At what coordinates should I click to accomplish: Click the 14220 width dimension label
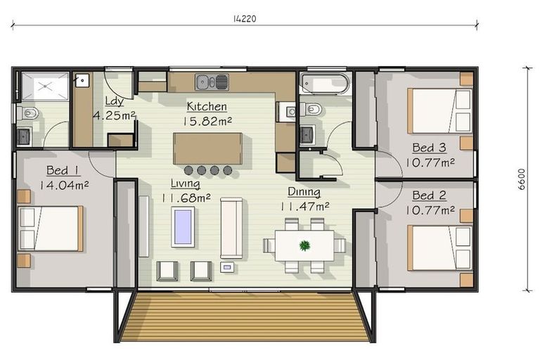coord(245,18)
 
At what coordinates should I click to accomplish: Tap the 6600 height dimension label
coord(522,179)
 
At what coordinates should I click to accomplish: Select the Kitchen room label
coord(207,106)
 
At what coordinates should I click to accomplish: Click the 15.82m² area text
coord(207,121)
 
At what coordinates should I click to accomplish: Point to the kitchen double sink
coord(212,82)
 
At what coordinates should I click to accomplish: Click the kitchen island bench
coord(207,149)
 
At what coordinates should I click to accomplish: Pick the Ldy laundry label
coord(114,101)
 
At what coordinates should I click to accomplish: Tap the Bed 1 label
coord(63,170)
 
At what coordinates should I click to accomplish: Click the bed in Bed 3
coord(439,110)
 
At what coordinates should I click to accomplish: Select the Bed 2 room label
coord(429,195)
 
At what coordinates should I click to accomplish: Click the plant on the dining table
coord(304,245)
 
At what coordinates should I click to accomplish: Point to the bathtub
coord(326,84)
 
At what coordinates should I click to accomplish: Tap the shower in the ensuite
coord(45,86)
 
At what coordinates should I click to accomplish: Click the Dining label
coord(304,191)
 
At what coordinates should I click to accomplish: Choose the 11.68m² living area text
coord(186,198)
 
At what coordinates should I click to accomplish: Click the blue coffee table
coord(183,226)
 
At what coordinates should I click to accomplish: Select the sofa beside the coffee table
coord(231,228)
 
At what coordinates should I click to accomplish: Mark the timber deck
coord(245,317)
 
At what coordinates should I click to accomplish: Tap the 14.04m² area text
coord(64,186)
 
